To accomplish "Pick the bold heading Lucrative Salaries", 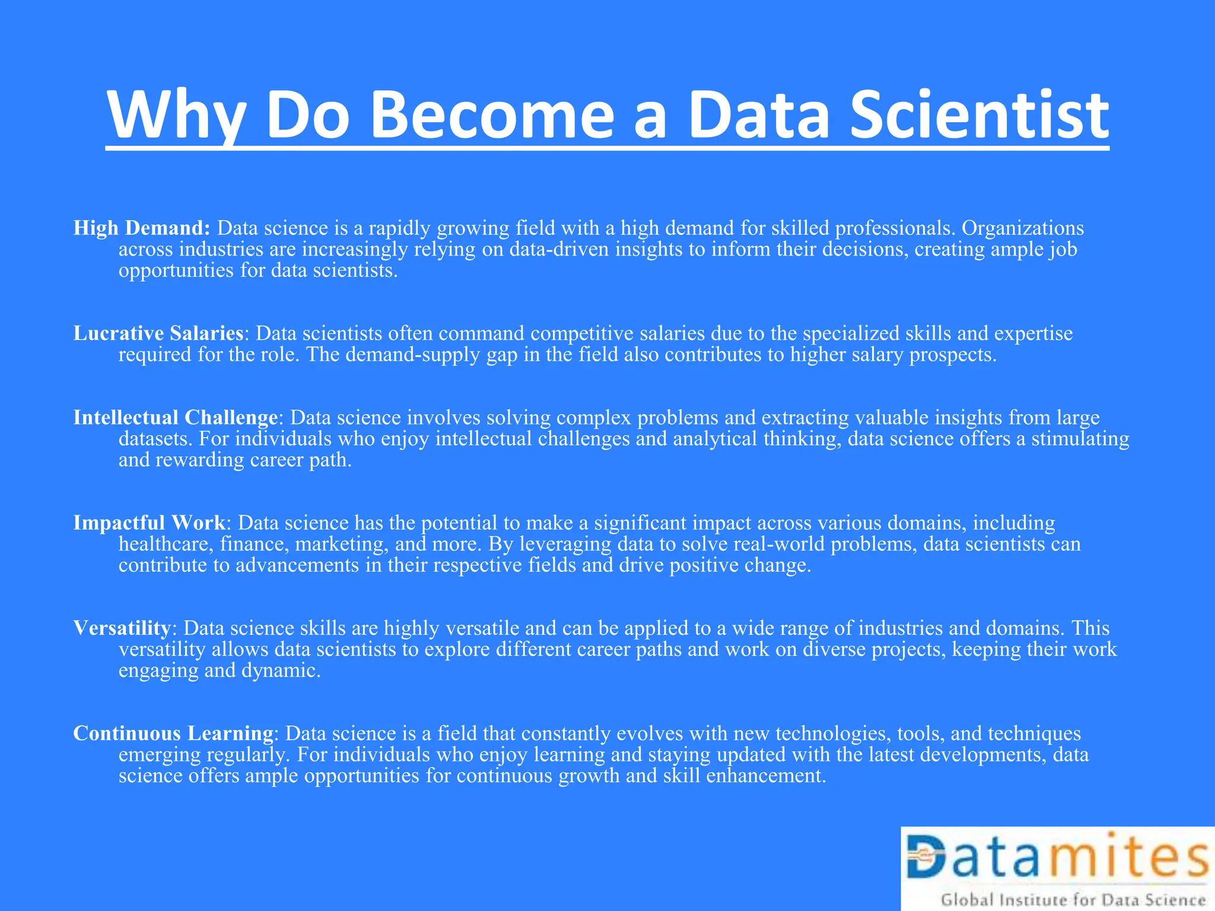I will click(x=158, y=333).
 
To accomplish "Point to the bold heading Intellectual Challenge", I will click(x=176, y=418).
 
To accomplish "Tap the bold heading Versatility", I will click(x=122, y=627).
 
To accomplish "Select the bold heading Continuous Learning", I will click(x=173, y=733).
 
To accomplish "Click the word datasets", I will click(x=155, y=439).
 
